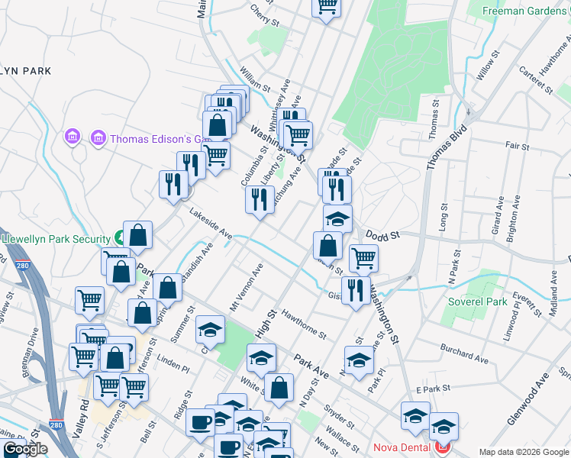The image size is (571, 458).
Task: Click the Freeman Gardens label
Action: tap(527, 11)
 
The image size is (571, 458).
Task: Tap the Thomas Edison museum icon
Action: tap(98, 138)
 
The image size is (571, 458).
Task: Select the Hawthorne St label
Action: tap(303, 324)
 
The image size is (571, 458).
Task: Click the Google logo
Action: tap(24, 449)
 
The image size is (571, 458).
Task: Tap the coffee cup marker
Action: tap(201, 421)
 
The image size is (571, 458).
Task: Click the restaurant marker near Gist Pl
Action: tap(356, 290)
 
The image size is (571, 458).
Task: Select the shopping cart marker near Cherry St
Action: tap(326, 6)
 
